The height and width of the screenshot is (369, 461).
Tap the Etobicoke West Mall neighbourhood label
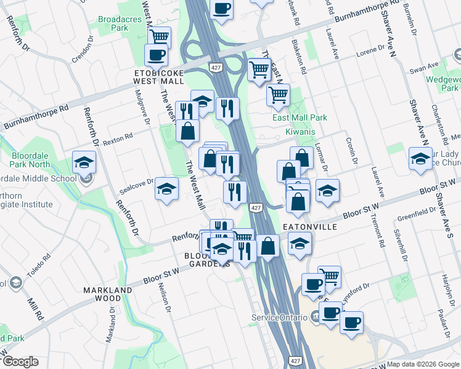[x=160, y=76]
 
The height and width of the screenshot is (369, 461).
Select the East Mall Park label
[x=300, y=117]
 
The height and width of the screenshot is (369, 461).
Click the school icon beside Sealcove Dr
[x=166, y=189]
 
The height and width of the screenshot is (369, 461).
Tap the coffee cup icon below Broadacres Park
[x=156, y=55]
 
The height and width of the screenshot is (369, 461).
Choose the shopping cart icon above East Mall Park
[x=279, y=95]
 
